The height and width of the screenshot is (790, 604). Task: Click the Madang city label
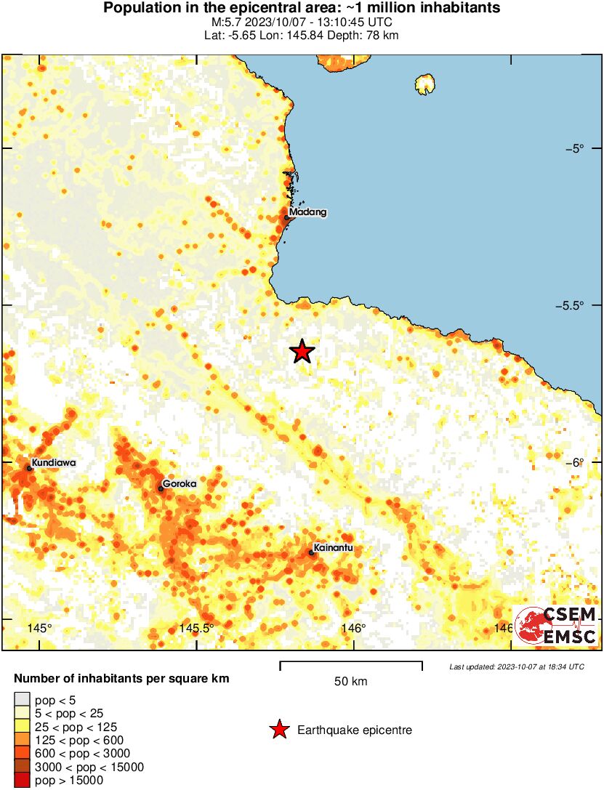click(x=307, y=212)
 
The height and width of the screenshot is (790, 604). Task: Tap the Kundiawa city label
click(x=54, y=462)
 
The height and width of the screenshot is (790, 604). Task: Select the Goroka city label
click(x=180, y=483)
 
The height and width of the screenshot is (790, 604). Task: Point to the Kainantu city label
click(x=332, y=547)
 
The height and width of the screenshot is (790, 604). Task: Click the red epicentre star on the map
click(x=302, y=352)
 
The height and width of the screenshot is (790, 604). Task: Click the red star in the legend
click(x=278, y=730)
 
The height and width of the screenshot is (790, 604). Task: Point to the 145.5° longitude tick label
click(x=196, y=629)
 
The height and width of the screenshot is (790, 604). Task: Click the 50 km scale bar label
click(x=350, y=682)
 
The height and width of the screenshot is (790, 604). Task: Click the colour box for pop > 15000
click(x=23, y=780)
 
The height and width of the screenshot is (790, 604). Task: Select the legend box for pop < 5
click(x=23, y=701)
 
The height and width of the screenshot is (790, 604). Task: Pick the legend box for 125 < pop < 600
click(x=23, y=740)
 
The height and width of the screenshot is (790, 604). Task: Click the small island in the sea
click(x=424, y=85)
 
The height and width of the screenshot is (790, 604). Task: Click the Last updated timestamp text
click(x=516, y=666)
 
